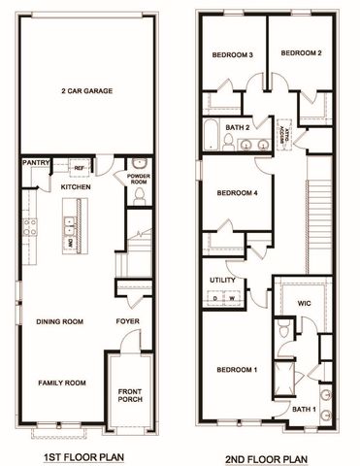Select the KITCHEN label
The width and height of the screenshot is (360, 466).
pos(76,185)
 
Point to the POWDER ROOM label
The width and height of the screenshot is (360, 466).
pos(138,179)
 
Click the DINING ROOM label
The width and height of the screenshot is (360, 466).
pos(59,321)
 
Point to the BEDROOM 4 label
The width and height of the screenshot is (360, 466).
pos(237,192)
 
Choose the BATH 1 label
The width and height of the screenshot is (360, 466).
pos(303,410)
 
